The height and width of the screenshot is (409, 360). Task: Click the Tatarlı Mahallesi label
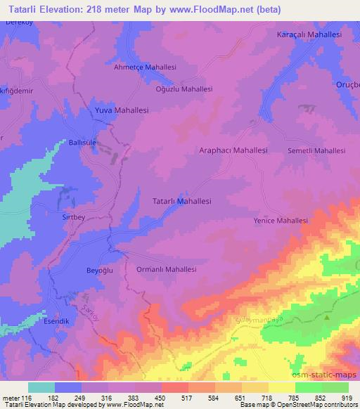click(181, 201)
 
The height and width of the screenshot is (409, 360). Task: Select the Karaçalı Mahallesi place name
click(309, 34)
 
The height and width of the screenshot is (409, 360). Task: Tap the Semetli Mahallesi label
click(316, 151)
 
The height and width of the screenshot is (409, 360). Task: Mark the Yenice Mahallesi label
click(281, 221)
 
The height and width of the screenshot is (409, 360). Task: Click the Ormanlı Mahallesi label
click(165, 269)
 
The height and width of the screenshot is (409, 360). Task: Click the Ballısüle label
click(82, 142)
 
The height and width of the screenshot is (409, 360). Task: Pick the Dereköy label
click(15, 22)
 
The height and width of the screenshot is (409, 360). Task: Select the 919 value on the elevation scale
click(347, 398)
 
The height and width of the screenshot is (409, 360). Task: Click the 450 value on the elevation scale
click(161, 398)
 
